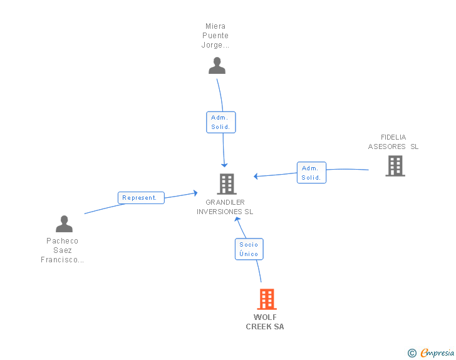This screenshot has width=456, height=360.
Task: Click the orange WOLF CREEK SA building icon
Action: click(x=267, y=299)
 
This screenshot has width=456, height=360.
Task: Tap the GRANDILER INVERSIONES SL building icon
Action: click(x=227, y=184)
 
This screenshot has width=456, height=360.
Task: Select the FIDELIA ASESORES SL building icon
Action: click(x=395, y=166)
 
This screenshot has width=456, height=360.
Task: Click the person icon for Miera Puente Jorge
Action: click(x=217, y=66)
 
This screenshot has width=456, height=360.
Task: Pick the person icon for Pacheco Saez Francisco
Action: click(x=64, y=224)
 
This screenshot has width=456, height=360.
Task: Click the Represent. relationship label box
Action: click(x=141, y=198)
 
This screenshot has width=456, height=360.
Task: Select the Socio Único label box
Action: click(x=249, y=249)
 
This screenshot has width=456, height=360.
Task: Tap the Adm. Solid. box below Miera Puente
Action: click(x=220, y=122)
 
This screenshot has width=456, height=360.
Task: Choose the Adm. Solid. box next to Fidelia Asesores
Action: click(x=311, y=172)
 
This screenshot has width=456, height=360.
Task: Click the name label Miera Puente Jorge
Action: click(x=215, y=36)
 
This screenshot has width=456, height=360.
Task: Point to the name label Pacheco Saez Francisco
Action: click(x=62, y=250)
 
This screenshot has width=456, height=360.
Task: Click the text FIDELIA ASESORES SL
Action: click(x=393, y=142)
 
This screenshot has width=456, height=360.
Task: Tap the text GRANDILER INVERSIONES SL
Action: click(x=225, y=207)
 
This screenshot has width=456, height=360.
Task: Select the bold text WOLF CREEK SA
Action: click(x=265, y=322)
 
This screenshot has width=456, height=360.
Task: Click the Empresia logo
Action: click(x=437, y=352)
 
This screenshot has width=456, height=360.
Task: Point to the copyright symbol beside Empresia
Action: click(x=412, y=353)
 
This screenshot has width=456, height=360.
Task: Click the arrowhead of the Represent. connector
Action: click(x=195, y=193)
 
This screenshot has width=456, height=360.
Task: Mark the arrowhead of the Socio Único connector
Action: click(x=237, y=219)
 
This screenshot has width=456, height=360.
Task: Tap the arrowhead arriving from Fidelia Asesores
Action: click(x=256, y=176)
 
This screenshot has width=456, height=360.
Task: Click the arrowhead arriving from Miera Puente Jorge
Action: click(x=224, y=165)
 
